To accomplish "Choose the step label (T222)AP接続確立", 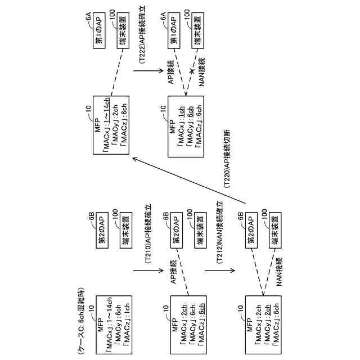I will pyautogui.click(x=142, y=40).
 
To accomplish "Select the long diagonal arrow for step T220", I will pyautogui.click(x=191, y=180).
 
